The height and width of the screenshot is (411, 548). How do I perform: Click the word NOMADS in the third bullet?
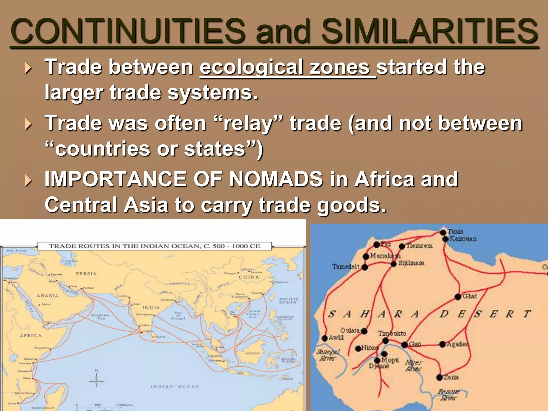pyautogui.click(x=276, y=179)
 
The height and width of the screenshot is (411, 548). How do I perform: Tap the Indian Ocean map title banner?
pyautogui.click(x=154, y=246)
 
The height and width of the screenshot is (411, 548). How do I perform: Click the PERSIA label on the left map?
pyautogui.click(x=86, y=274)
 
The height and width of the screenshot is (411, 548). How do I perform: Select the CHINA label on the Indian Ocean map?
pyautogui.click(x=249, y=277)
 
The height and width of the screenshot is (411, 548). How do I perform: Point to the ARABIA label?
pyautogui.click(x=47, y=296)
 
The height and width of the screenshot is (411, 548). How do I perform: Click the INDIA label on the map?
pyautogui.click(x=151, y=308)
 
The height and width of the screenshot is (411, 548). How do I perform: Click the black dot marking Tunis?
pyautogui.click(x=443, y=232)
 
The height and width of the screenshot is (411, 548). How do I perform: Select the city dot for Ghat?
pyautogui.click(x=458, y=296)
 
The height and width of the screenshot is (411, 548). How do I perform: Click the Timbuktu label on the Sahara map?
pyautogui.click(x=392, y=333)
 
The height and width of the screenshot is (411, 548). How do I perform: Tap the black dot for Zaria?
pyautogui.click(x=439, y=377)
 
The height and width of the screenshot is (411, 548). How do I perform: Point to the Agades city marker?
pyautogui.click(x=443, y=344)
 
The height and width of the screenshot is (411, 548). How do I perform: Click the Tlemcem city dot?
pyautogui.click(x=402, y=246)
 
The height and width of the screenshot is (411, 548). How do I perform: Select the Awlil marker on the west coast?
pyautogui.click(x=325, y=338)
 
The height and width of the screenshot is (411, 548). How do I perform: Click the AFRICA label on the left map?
pyautogui.click(x=31, y=336)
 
